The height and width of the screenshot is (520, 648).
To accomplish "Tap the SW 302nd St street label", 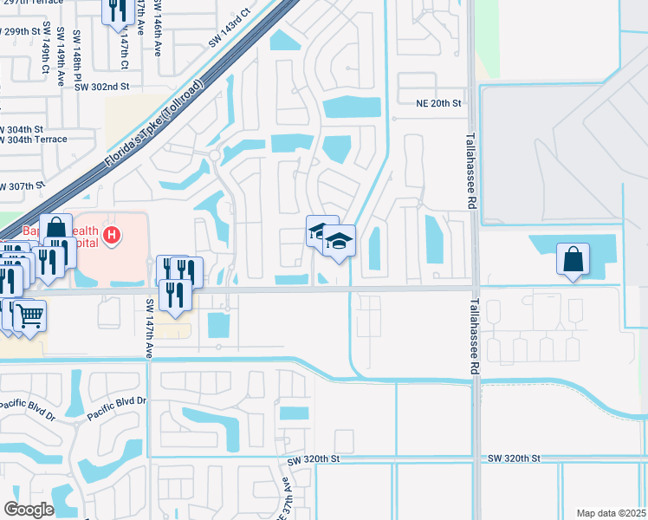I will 101,87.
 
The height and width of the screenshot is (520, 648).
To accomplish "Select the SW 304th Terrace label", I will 32,139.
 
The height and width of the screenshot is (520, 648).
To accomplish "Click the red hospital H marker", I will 111,234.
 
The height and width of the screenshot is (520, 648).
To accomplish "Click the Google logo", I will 29,510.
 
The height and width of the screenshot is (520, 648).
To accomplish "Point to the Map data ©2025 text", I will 611,513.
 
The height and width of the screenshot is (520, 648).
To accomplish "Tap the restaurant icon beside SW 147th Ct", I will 115,11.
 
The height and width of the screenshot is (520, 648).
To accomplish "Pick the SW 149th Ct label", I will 43,53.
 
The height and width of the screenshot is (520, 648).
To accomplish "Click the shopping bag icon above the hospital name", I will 55,228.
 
